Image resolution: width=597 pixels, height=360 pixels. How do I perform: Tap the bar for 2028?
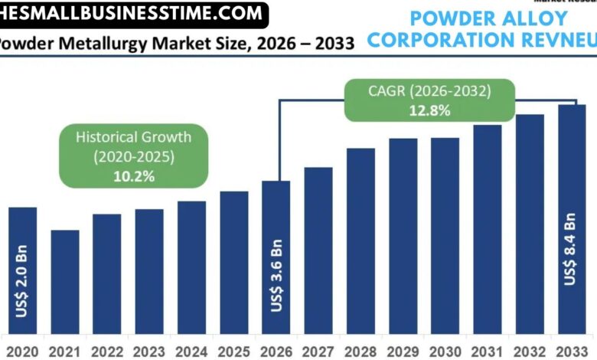(360, 241)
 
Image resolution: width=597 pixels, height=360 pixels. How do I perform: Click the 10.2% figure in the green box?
(133, 176)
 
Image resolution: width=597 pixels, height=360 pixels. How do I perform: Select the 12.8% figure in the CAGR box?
(429, 110)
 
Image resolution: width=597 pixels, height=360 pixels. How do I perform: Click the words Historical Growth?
(133, 138)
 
